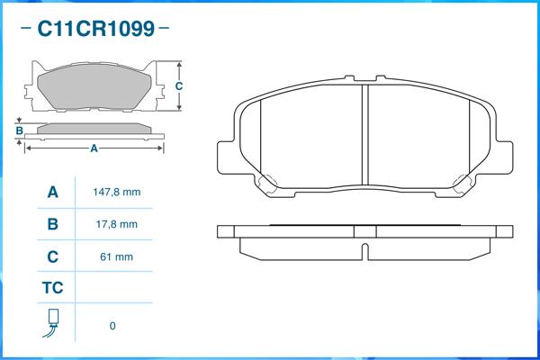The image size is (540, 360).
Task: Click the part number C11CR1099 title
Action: click(94, 29)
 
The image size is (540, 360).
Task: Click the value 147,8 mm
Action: click(117, 193)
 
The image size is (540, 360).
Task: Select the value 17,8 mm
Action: click(117, 224)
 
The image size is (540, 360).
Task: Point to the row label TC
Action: click(52, 288)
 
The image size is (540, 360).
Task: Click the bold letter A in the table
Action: click(52, 193)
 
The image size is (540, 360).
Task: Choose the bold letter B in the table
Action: click(52, 224)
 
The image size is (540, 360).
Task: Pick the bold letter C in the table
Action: click(52, 256)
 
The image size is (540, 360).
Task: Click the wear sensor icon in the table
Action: click(52, 325)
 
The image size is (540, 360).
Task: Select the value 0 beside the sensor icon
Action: click(112, 326)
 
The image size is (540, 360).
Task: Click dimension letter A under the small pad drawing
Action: click(94, 149)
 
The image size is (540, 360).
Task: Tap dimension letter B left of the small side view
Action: click(19, 130)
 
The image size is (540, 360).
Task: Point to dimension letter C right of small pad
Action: click(179, 86)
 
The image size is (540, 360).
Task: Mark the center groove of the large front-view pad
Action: click(364, 135)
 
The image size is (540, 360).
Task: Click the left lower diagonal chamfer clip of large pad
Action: click(267, 184)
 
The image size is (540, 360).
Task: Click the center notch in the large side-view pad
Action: click(364, 245)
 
